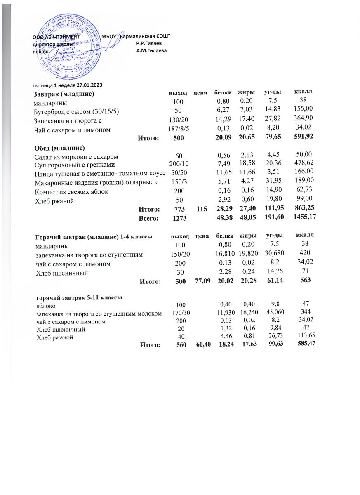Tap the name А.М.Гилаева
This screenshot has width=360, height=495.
coord(151,50)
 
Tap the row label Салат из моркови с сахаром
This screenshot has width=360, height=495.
coord(76,157)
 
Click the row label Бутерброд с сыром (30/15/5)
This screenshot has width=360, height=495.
coord(76,111)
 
